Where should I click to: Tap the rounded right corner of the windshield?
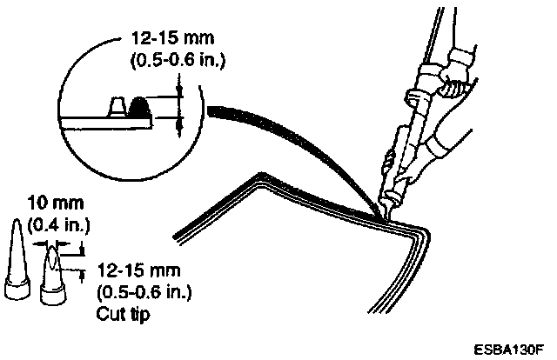tap(422, 237)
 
